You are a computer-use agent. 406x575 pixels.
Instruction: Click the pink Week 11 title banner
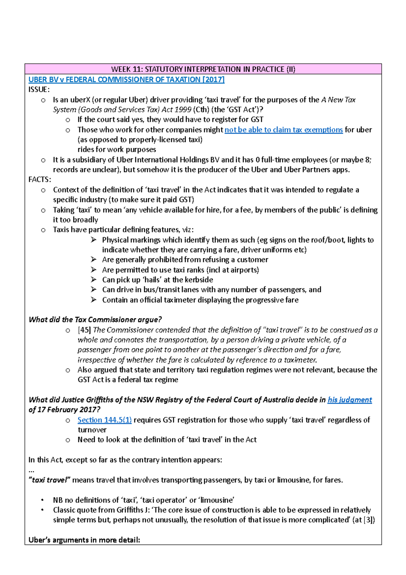[203, 69]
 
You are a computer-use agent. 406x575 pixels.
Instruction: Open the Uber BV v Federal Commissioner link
[127, 80]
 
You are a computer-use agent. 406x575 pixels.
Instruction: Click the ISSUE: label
[39, 90]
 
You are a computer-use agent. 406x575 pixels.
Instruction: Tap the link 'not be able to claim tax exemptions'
[284, 130]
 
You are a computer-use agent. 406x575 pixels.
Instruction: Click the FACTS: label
[40, 179]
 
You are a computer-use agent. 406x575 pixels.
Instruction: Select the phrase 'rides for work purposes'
[117, 149]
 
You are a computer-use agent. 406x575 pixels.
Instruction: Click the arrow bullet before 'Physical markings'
[94, 240]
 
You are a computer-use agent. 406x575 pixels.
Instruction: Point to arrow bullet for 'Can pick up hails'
[94, 280]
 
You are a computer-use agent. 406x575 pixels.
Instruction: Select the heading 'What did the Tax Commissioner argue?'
[95, 320]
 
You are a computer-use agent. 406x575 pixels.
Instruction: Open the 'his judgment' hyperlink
[349, 400]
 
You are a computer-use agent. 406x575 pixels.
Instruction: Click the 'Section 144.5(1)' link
[105, 420]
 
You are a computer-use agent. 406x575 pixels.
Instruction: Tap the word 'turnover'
[92, 430]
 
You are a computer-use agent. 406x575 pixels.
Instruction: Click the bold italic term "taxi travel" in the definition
[49, 480]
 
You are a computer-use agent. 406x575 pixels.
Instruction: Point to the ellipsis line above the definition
[31, 470]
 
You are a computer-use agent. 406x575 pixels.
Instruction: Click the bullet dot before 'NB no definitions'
[42, 500]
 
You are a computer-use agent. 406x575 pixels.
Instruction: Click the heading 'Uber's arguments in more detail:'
[84, 540]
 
